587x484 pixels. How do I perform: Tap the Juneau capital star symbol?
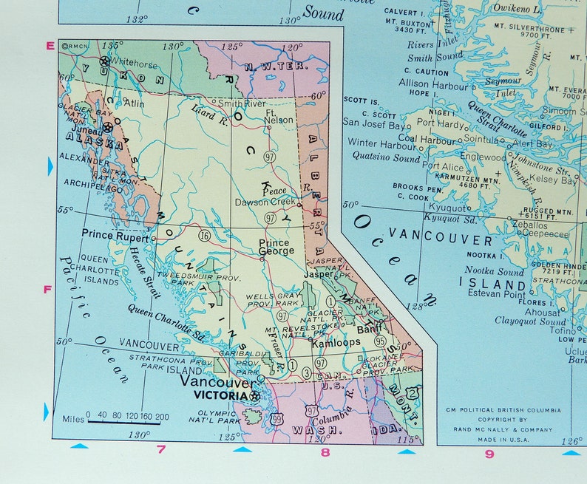(109, 128)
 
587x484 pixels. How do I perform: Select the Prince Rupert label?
(115, 236)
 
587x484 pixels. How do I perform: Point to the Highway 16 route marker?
(203, 236)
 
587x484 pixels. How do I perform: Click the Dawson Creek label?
(265, 202)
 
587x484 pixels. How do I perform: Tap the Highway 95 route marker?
(380, 341)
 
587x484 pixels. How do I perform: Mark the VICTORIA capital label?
(220, 396)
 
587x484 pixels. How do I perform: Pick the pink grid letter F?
(48, 289)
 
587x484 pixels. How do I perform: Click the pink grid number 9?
(489, 454)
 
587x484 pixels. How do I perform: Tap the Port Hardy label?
(441, 124)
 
